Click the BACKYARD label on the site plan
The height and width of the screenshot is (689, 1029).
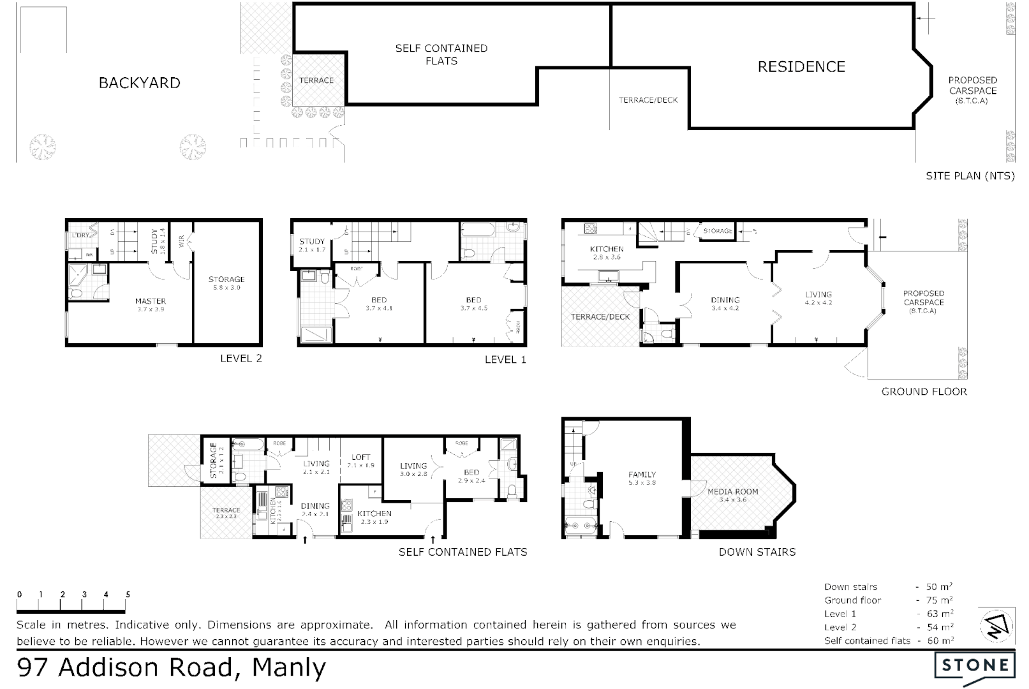click(x=139, y=83)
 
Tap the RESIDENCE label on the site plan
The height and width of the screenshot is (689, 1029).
click(x=801, y=67)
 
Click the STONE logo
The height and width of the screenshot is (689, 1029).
click(x=975, y=665)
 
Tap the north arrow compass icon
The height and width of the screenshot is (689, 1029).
click(x=996, y=625)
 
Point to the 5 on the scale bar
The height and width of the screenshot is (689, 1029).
click(x=128, y=595)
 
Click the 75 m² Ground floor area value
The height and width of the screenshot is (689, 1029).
click(x=939, y=600)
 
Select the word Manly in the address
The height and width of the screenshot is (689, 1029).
click(x=289, y=667)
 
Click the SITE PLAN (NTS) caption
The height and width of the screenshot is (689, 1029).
click(x=970, y=176)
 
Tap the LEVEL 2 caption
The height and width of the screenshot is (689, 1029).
click(x=241, y=359)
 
